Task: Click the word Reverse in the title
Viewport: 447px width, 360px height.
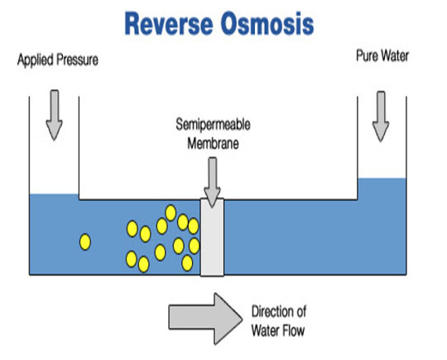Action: pyautogui.click(x=169, y=24)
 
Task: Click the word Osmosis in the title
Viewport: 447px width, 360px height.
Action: pyautogui.click(x=267, y=24)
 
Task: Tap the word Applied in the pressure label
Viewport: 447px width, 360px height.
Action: pyautogui.click(x=36, y=60)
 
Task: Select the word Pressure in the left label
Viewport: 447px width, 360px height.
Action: pyautogui.click(x=77, y=60)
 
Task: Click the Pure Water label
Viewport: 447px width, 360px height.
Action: pyautogui.click(x=382, y=55)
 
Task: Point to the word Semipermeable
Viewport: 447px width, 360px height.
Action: pyautogui.click(x=213, y=125)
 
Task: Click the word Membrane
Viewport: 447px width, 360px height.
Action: pyautogui.click(x=213, y=143)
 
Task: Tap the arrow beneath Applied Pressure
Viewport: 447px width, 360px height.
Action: pyautogui.click(x=54, y=115)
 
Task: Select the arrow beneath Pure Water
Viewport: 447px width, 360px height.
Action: pyautogui.click(x=381, y=117)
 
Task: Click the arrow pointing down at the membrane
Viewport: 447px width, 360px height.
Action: pyautogui.click(x=213, y=182)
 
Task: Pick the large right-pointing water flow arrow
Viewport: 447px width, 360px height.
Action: pyautogui.click(x=205, y=319)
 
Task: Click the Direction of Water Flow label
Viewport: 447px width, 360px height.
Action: pyautogui.click(x=278, y=321)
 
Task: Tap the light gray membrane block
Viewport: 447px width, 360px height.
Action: pyautogui.click(x=212, y=238)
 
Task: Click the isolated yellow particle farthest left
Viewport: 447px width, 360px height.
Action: pyautogui.click(x=85, y=242)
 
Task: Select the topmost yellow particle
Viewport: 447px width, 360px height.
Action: pyautogui.click(x=171, y=213)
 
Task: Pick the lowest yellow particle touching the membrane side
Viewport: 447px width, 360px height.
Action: pyautogui.click(x=187, y=263)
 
